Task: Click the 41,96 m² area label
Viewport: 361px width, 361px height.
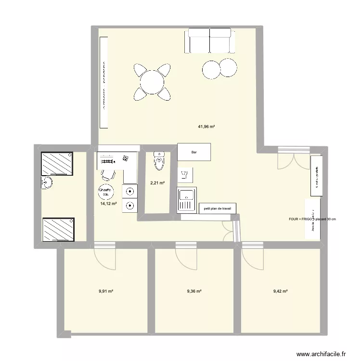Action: pos(206,127)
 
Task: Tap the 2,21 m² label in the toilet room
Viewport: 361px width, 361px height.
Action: pos(157,183)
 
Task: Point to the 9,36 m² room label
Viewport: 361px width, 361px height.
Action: pos(194,291)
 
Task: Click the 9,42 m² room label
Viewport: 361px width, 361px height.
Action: pos(280,291)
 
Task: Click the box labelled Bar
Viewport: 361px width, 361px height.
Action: pos(194,152)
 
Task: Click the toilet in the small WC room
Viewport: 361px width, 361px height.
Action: pos(159,161)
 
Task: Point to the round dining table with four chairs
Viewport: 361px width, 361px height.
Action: pos(153,81)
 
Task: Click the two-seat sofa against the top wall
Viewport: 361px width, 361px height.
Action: pos(210,41)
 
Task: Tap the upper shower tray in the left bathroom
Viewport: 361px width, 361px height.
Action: pos(57,164)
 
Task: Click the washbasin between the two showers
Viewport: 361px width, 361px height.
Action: pos(46,184)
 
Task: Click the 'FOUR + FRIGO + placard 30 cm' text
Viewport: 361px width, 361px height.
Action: pos(312,219)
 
